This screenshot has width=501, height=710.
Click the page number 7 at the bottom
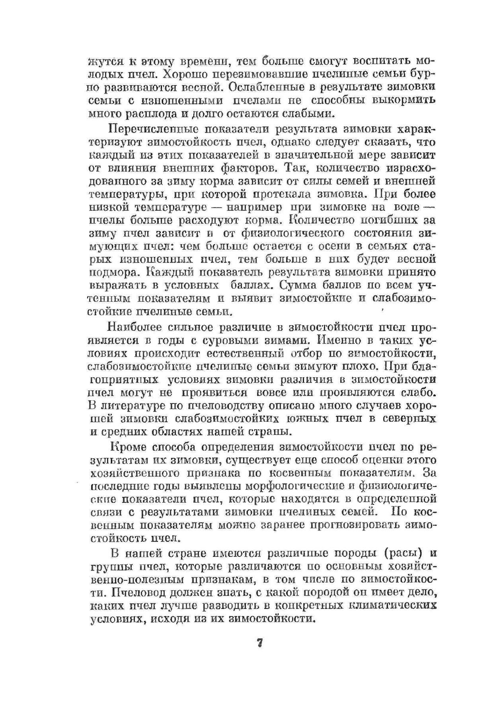tap(259, 643)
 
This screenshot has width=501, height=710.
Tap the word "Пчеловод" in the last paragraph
tap(139, 592)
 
